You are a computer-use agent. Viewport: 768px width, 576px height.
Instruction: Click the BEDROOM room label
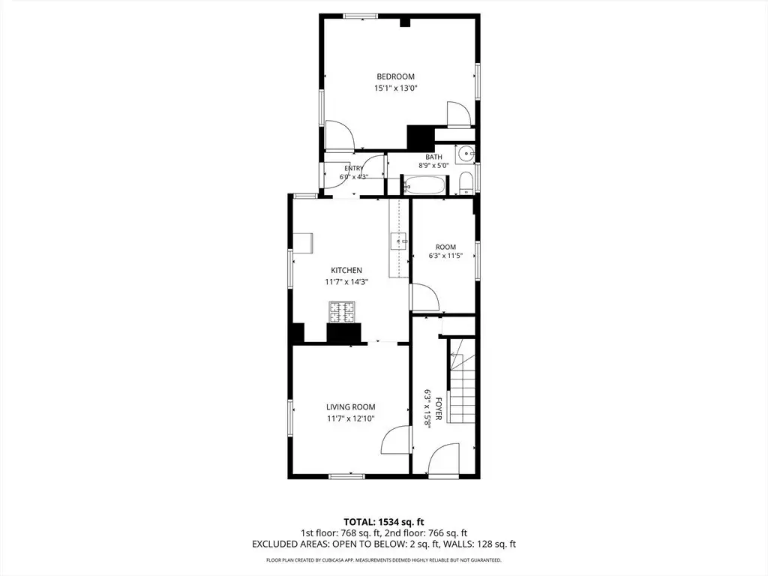[x=395, y=76]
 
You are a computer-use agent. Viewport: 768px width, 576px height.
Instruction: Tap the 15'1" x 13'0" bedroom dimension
[x=395, y=88]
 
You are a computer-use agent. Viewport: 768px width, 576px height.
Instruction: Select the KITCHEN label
[x=346, y=270]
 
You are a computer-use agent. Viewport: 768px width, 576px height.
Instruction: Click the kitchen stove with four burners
[x=342, y=312]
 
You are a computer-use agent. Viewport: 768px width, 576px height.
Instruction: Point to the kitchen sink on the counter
[x=398, y=241]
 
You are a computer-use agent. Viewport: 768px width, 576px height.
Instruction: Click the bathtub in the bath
[x=424, y=186]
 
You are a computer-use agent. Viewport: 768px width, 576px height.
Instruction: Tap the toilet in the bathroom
[x=466, y=183]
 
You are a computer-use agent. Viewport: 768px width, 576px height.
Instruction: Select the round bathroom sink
[x=464, y=154]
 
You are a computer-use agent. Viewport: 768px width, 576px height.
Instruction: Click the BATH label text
[x=433, y=157]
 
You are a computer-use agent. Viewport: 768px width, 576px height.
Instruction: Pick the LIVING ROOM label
[x=351, y=406]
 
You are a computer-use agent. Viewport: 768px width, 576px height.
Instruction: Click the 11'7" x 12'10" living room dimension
[x=351, y=418]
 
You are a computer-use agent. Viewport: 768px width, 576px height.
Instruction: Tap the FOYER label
[x=439, y=409]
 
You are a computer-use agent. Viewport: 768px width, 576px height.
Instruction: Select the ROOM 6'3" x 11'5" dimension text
[x=445, y=256]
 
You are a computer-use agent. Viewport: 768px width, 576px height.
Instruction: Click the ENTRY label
[x=354, y=169]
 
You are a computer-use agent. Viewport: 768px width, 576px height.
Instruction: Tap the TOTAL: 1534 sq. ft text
[x=380, y=522]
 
